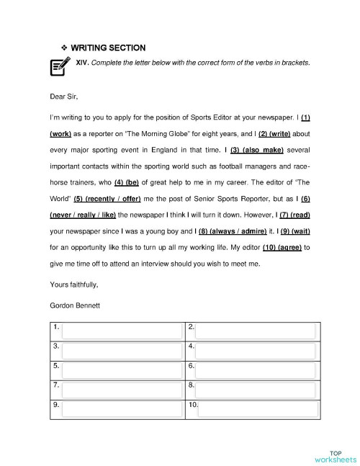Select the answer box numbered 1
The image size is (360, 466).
(122, 331)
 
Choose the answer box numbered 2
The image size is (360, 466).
(255, 331)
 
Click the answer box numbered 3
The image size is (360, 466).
(122, 350)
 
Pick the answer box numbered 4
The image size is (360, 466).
(255, 350)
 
